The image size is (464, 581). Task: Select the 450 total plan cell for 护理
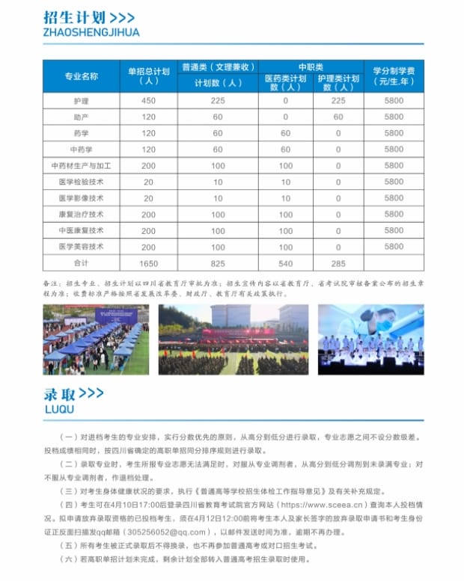coord(148,101)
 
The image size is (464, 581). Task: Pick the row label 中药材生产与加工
coord(81,165)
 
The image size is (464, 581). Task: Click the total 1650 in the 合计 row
coord(148,262)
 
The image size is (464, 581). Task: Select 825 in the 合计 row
coord(218,262)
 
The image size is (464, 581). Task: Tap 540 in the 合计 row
coord(285,262)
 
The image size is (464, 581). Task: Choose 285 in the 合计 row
coord(338,262)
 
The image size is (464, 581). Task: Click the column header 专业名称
coord(81,76)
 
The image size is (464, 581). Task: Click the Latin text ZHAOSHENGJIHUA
coord(91,32)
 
